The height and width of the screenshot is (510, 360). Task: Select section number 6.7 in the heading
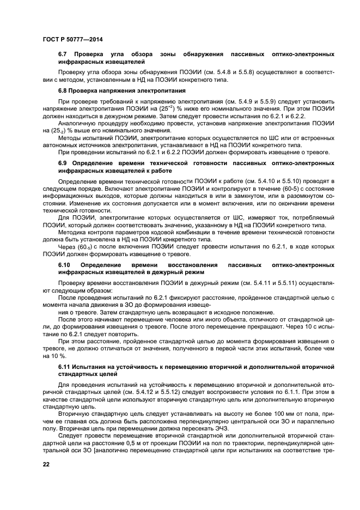tap(62, 54)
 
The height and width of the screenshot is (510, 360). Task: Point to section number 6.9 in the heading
tap(62, 163)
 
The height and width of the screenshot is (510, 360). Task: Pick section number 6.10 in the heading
tap(64, 264)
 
